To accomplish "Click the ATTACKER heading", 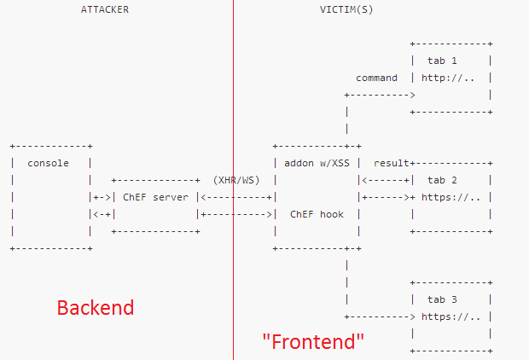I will [x=105, y=9].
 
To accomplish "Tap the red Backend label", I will [x=96, y=307].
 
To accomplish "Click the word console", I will [x=49, y=163].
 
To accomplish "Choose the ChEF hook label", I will [x=317, y=214].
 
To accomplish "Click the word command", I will [x=376, y=78].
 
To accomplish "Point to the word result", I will [x=391, y=162].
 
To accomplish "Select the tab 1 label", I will [x=442, y=61].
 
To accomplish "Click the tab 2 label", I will [x=442, y=180].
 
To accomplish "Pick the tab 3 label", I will [x=442, y=299].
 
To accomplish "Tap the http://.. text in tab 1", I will [x=447, y=78].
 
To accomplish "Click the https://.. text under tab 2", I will [x=451, y=197].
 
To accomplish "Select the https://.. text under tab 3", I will [x=451, y=316].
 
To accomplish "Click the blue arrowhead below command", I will [x=411, y=95].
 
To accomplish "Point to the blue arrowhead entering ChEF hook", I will [x=269, y=214].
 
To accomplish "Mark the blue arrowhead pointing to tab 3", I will [x=411, y=316].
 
